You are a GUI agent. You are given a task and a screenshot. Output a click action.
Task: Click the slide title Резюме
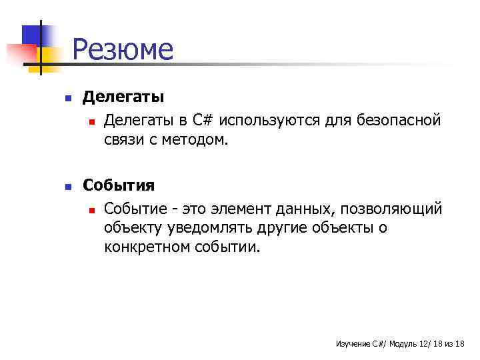[x=122, y=50]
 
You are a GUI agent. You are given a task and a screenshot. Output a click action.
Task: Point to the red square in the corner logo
[x=20, y=53]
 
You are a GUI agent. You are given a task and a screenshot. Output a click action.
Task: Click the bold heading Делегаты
[x=123, y=97]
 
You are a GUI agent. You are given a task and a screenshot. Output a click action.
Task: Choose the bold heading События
[x=119, y=185]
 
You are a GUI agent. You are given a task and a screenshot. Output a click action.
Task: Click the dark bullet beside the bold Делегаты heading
[x=67, y=98]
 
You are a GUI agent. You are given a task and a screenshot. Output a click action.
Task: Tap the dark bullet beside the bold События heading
[x=67, y=187]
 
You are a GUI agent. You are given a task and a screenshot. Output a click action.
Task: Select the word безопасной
[x=399, y=120]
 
